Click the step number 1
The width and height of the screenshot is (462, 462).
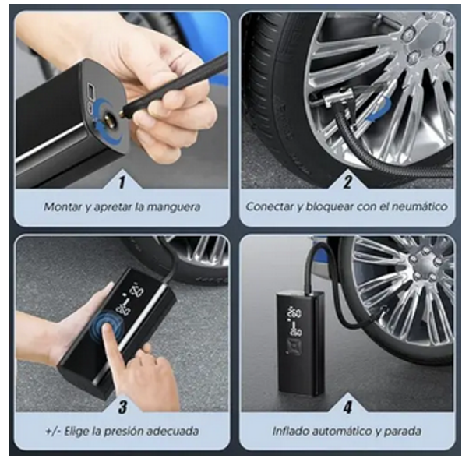(122, 182)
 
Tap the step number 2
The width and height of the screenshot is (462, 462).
(347, 182)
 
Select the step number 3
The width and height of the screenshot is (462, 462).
(122, 407)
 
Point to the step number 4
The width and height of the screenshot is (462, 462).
(347, 407)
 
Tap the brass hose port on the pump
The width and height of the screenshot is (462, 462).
(108, 118)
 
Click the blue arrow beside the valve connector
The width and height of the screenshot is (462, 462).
(380, 111)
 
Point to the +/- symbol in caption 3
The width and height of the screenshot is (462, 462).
(53, 432)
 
